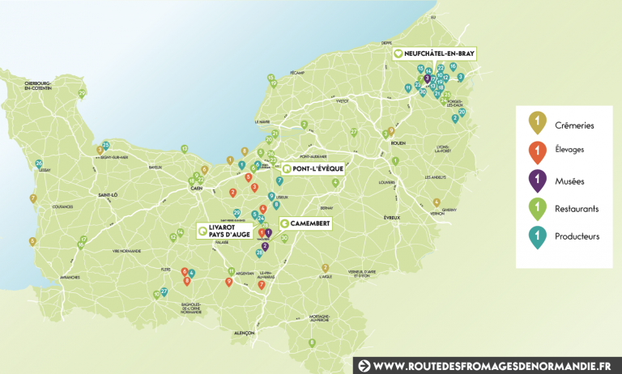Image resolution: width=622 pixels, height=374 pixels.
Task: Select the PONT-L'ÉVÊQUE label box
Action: [x=313, y=169]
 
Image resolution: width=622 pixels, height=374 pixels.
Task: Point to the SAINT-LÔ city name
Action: [x=108, y=194]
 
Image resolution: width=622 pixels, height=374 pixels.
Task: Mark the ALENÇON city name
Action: [x=242, y=333]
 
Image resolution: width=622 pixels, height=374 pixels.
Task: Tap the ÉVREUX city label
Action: [x=392, y=218]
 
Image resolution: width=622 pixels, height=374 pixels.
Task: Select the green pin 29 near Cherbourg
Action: [x=82, y=94]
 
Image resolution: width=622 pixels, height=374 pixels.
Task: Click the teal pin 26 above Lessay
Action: [x=39, y=164]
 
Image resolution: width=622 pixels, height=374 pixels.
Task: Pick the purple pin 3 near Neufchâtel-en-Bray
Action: [x=427, y=79]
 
